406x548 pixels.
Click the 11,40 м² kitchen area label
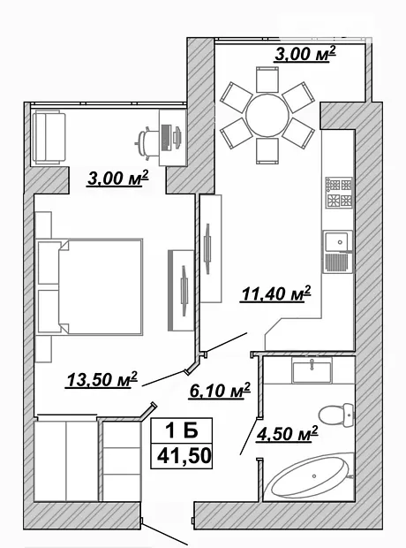(x=275, y=293)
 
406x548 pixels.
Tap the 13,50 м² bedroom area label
(x=101, y=379)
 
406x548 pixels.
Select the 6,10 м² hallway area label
(x=220, y=391)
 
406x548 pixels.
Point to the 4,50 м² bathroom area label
(x=287, y=434)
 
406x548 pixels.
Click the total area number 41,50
(x=184, y=456)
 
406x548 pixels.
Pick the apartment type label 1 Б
(x=182, y=430)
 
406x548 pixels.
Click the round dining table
(x=267, y=115)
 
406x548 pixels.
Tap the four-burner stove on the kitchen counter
(x=339, y=193)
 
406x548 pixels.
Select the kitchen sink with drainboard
(x=337, y=252)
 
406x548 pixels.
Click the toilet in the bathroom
(x=336, y=415)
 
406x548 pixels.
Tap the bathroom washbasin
(x=312, y=371)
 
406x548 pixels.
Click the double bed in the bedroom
(x=89, y=287)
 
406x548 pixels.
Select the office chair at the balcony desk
(x=147, y=143)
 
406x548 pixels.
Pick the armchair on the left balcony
(x=49, y=137)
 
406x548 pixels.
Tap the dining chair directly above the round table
(x=267, y=80)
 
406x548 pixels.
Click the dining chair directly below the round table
(x=267, y=151)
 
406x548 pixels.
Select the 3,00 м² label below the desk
(x=117, y=178)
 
